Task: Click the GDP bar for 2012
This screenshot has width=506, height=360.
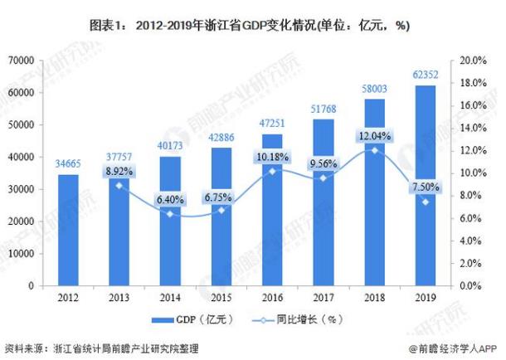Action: pos(68,230)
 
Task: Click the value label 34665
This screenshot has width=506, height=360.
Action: pos(68,164)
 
